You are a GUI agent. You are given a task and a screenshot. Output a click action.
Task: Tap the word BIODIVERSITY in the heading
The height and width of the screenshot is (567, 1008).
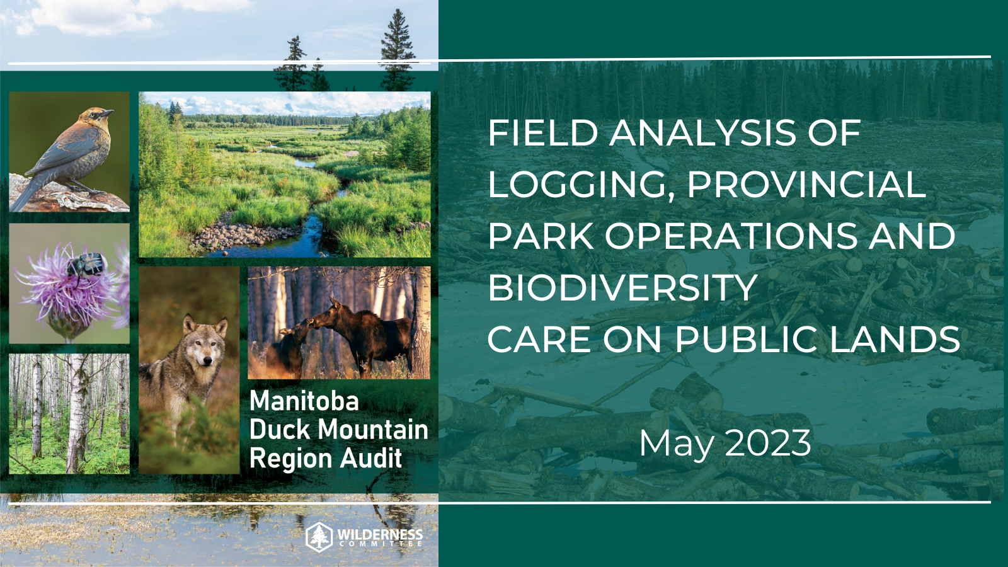click(x=622, y=288)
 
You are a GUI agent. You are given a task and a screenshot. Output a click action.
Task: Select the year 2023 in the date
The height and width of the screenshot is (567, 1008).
click(x=768, y=443)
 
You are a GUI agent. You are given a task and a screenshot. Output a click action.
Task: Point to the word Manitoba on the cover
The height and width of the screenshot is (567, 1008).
click(x=304, y=401)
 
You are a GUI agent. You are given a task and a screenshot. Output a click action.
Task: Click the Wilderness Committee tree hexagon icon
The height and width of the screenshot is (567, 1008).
click(x=319, y=537)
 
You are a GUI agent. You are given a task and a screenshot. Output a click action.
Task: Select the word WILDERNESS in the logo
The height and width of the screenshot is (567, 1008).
click(x=380, y=533)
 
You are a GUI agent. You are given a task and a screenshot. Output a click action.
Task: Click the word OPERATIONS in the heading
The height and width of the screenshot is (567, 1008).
click(x=731, y=236)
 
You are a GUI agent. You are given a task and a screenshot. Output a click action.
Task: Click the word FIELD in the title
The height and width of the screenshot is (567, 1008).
click(x=542, y=134)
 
